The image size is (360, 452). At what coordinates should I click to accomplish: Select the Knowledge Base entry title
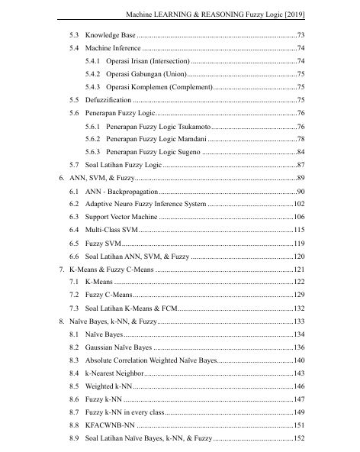[111, 36]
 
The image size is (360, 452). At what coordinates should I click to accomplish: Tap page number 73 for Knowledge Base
[301, 36]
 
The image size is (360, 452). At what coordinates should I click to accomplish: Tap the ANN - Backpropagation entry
[122, 191]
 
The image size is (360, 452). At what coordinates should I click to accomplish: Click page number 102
[298, 204]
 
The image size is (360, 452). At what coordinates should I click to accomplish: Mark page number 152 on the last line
[298, 438]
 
